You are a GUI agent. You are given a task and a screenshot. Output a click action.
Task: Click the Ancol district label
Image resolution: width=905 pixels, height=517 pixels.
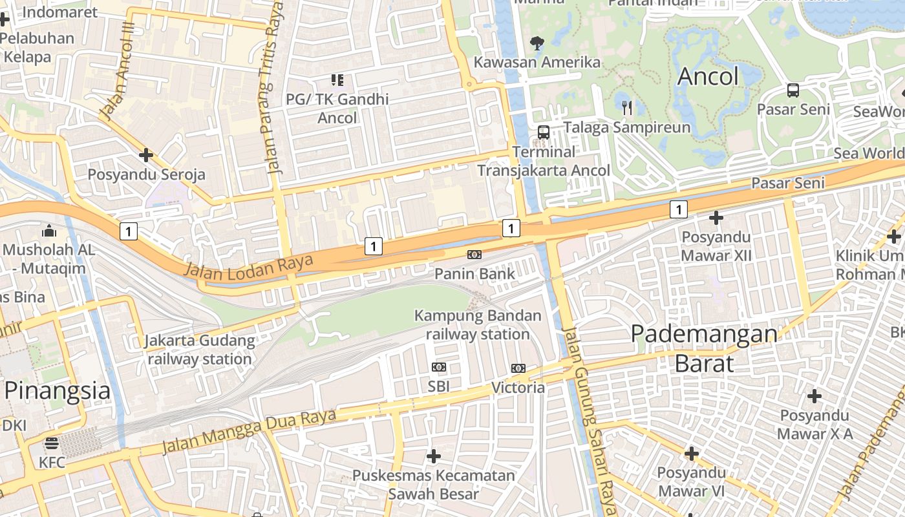pos(708,77)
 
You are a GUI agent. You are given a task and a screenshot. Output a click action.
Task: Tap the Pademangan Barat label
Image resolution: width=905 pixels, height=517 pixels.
pos(704,348)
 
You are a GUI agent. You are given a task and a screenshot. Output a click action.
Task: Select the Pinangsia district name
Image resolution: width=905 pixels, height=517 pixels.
pos(58,391)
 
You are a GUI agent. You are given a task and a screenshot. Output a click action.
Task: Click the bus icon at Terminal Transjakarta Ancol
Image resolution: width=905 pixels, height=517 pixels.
pos(544,132)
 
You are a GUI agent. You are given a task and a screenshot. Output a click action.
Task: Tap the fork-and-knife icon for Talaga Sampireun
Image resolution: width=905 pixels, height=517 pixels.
pos(626,107)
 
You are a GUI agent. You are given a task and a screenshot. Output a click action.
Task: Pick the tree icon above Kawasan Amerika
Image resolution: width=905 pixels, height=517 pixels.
pos(537,43)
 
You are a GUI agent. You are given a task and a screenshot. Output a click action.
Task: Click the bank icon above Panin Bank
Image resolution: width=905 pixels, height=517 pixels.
pos(474,255)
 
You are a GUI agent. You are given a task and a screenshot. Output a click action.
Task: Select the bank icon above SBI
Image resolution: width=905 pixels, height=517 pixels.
pos(439,367)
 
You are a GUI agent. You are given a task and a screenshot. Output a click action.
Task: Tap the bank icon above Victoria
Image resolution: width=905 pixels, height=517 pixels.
pos(518,368)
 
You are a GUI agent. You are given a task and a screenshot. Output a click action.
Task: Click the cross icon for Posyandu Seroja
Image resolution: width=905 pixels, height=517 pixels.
pos(146,155)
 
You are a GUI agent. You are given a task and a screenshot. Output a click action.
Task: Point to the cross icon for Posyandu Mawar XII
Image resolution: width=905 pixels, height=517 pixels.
pos(716,218)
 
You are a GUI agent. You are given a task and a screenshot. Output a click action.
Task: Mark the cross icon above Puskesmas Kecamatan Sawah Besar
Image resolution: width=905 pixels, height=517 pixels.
pos(434,457)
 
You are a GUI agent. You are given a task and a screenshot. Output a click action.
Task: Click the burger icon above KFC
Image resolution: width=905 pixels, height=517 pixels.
pos(52,443)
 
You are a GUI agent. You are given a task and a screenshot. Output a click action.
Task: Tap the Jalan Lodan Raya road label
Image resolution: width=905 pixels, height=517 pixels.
pos(248,267)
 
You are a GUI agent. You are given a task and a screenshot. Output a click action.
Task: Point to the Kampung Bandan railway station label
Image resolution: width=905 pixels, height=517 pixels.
pos(478,325)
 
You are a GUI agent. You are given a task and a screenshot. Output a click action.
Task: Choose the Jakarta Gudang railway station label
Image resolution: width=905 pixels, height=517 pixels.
pos(200,350)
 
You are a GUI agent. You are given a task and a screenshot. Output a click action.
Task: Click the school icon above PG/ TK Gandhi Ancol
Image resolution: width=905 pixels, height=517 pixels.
pos(337,80)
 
